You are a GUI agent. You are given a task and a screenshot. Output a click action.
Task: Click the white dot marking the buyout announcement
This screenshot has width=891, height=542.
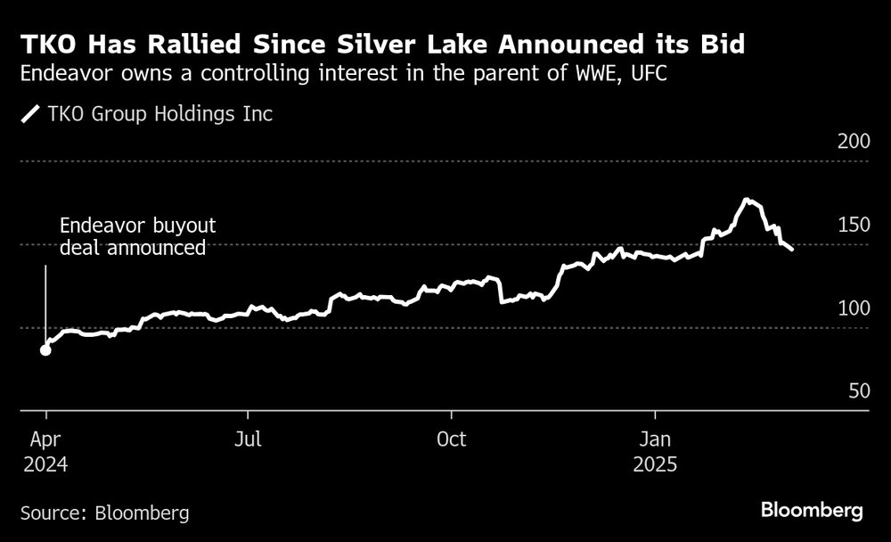[45, 349]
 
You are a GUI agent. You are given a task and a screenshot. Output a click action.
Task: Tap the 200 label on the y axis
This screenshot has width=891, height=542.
[852, 142]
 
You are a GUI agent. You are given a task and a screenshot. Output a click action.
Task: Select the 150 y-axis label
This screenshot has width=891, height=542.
[852, 226]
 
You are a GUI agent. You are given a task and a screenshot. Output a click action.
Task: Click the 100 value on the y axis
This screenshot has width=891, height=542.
[852, 308]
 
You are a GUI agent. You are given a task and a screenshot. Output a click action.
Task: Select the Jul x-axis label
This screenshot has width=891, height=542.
[249, 440]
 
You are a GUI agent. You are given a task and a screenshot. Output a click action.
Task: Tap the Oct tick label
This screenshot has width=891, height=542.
[453, 440]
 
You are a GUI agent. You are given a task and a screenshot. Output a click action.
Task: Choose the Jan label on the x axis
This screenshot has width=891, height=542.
[655, 440]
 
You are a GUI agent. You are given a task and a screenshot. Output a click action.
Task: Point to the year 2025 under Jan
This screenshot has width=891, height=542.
[655, 464]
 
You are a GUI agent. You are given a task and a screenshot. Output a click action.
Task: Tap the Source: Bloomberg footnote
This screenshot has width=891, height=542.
[104, 513]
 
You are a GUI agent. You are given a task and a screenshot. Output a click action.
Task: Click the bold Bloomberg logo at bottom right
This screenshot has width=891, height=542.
[812, 511]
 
